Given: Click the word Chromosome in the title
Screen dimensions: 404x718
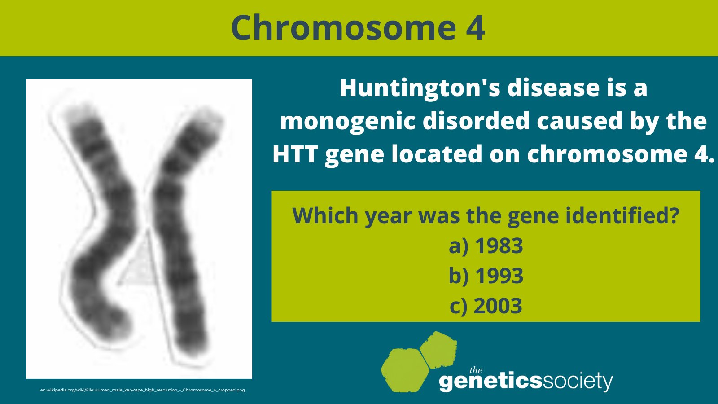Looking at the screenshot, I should [343, 28].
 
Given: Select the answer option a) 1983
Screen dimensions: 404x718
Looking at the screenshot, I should [486, 246].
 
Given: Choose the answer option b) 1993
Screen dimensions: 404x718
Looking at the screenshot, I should [486, 276].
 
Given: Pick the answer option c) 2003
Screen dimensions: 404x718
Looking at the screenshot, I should [486, 306].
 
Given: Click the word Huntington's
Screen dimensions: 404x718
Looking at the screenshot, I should [420, 88].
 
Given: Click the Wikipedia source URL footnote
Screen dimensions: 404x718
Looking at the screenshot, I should [143, 390].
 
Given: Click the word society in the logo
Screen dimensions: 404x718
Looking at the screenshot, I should [578, 382].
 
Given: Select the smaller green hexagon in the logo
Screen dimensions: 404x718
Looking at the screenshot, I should [438, 349].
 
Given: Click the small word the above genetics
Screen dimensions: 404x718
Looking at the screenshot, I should [476, 370].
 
